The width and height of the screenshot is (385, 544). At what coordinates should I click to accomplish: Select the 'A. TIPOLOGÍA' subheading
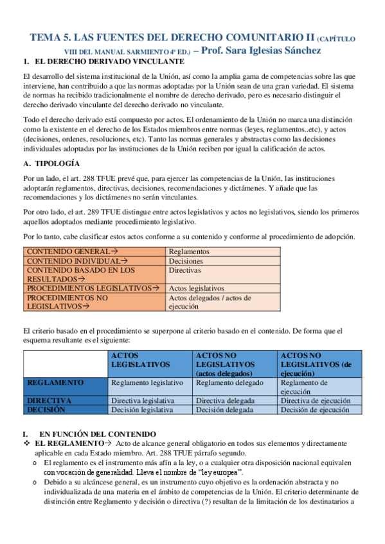point(51,164)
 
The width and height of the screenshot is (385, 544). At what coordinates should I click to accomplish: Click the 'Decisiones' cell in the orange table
point(186,261)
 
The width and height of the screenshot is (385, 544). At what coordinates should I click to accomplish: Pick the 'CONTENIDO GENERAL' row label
point(71,252)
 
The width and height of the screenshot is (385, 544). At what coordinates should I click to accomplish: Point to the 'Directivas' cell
point(185,271)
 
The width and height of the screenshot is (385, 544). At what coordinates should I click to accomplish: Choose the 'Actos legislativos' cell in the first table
point(196,289)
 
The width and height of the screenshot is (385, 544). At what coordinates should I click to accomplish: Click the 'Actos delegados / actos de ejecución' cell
point(210,302)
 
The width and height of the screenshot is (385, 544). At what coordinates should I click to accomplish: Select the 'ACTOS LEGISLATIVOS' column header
point(141,359)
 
